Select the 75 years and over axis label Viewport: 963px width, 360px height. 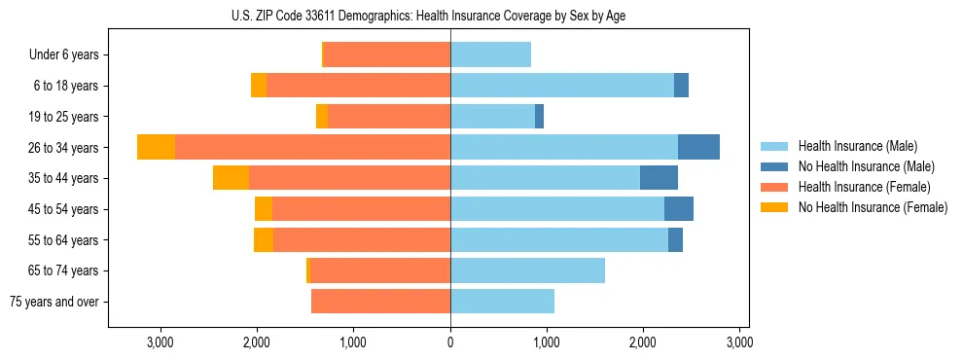[54, 302]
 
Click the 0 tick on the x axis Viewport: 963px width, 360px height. [450, 342]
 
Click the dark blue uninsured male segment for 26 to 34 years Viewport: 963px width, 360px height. [698, 147]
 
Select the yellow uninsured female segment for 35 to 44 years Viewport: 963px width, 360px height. [231, 178]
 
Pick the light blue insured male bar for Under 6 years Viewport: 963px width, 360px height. [490, 54]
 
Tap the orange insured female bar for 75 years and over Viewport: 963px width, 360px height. [380, 302]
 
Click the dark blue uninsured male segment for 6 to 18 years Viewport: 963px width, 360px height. [681, 86]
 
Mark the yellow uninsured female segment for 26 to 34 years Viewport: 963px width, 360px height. [156, 147]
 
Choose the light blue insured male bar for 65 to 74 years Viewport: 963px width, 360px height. [527, 270]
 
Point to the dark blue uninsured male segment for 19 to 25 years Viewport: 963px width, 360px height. [539, 117]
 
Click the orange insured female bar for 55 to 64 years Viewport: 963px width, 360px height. [361, 239]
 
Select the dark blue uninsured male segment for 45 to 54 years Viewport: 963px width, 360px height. [679, 209]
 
